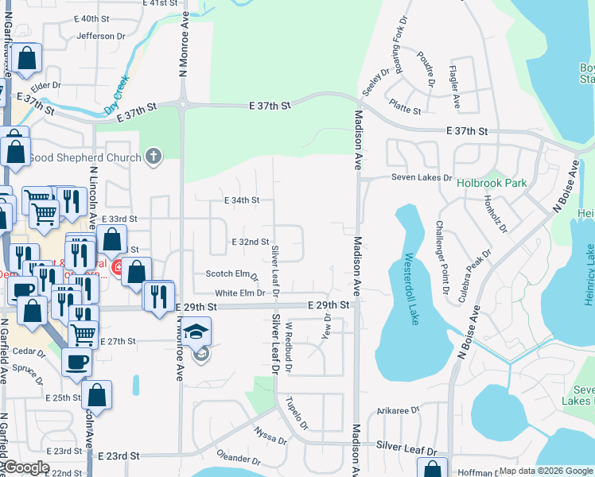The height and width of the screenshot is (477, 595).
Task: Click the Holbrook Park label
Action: [x=492, y=183]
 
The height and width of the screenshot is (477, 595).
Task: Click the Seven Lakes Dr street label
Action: [x=421, y=177]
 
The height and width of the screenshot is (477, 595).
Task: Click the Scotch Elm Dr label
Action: [x=231, y=274]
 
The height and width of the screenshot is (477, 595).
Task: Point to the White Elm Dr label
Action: [x=239, y=293]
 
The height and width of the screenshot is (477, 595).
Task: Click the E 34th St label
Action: [x=242, y=200]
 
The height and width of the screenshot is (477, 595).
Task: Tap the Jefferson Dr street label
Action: [x=101, y=36]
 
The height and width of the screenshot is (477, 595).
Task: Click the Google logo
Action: [x=26, y=467]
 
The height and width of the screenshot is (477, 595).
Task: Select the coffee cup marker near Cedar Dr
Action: [x=76, y=362]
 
